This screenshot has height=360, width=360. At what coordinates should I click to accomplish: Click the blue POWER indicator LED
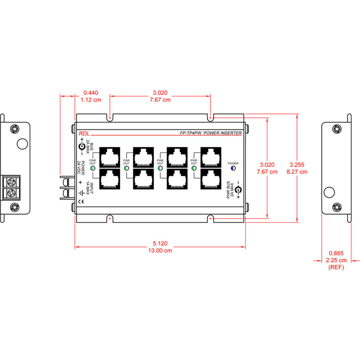tap(233, 168)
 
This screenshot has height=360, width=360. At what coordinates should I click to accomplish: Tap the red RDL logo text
tap(84, 134)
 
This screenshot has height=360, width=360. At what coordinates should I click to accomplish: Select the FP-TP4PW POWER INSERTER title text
tap(211, 133)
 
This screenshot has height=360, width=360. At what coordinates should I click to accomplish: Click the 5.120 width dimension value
tap(160, 243)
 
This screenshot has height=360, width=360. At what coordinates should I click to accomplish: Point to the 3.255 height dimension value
tap(297, 165)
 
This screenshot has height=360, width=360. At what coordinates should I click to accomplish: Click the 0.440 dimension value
tap(90, 93)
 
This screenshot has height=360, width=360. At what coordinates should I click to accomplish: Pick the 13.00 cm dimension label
tap(160, 251)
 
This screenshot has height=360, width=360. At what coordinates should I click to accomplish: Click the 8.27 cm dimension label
tap(297, 172)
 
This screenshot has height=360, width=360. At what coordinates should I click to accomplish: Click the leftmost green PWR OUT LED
tap(93, 168)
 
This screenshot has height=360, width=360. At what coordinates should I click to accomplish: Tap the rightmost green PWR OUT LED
tap(194, 168)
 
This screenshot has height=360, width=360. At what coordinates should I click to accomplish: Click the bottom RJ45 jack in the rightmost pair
tap(210, 179)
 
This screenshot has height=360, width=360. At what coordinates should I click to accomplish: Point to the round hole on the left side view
tap(22, 144)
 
